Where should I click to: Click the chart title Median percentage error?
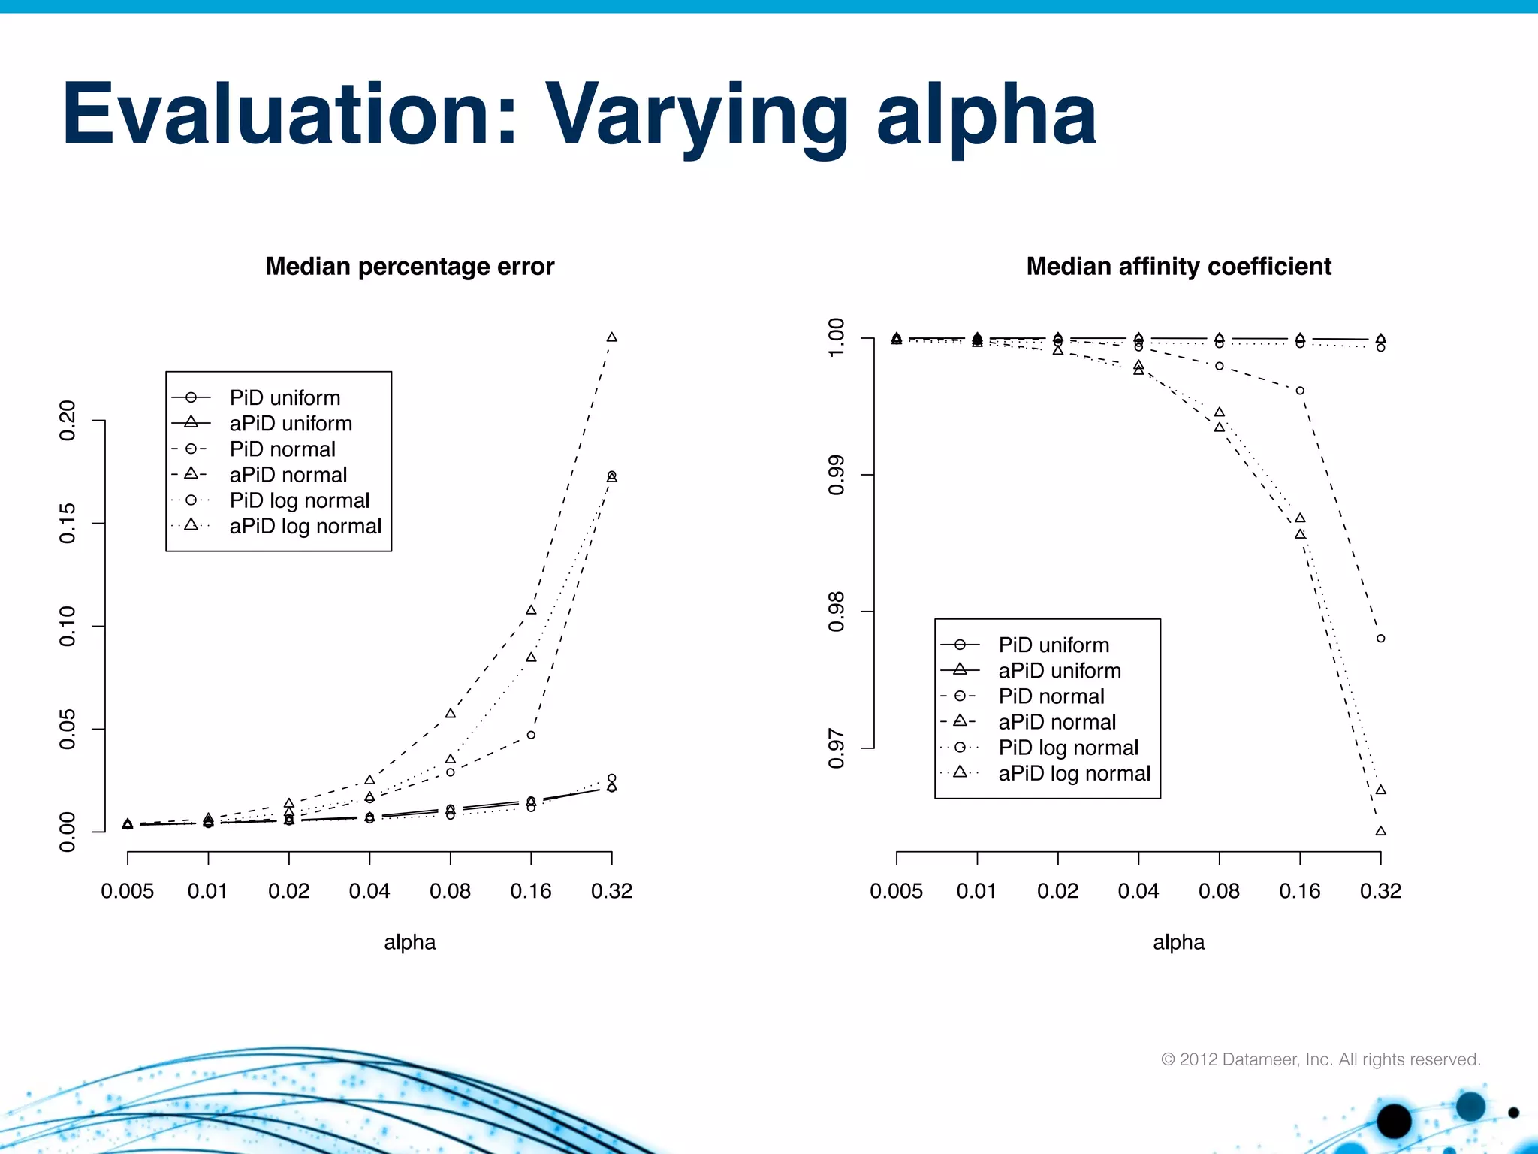pyautogui.click(x=410, y=267)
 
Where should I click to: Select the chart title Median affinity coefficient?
pyautogui.click(x=1178, y=267)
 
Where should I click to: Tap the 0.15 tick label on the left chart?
pyautogui.click(x=68, y=523)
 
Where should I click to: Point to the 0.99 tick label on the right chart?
pyautogui.click(x=837, y=475)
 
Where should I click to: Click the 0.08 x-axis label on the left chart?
pyautogui.click(x=450, y=891)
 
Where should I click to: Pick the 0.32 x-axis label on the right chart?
pyautogui.click(x=1380, y=891)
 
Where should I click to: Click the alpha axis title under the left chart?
pyautogui.click(x=410, y=942)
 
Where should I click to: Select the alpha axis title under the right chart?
pyautogui.click(x=1178, y=942)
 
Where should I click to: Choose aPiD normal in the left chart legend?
pyautogui.click(x=288, y=475)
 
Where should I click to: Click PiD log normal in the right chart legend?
pyautogui.click(x=1068, y=748)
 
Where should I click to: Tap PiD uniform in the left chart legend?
pyautogui.click(x=285, y=397)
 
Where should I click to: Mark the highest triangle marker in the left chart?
pyautogui.click(x=611, y=337)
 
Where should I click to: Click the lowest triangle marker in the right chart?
pyautogui.click(x=1380, y=831)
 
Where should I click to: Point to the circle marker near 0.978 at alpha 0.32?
pyautogui.click(x=1380, y=639)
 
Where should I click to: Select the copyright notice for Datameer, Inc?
pyautogui.click(x=1321, y=1059)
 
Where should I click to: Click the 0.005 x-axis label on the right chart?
pyautogui.click(x=896, y=891)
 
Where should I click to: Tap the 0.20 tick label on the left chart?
pyautogui.click(x=68, y=421)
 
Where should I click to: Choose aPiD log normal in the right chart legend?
pyautogui.click(x=1074, y=773)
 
